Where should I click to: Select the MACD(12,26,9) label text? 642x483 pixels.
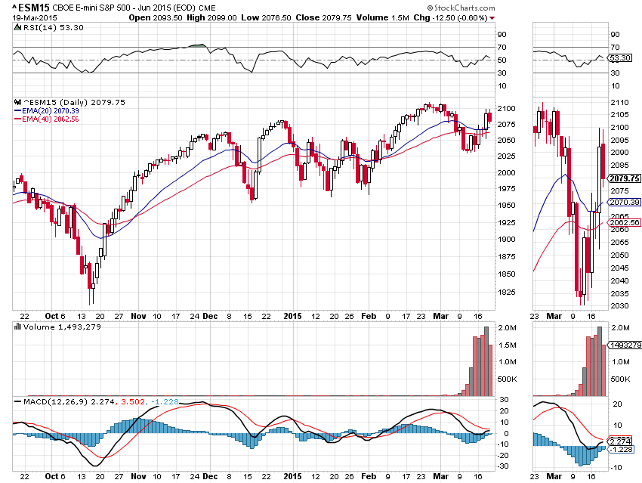point(61,401)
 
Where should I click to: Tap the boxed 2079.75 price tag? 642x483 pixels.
point(624,178)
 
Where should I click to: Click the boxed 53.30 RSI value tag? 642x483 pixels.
point(620,57)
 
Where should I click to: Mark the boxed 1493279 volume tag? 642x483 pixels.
point(624,345)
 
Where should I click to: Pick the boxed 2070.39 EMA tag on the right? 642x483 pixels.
point(624,203)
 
